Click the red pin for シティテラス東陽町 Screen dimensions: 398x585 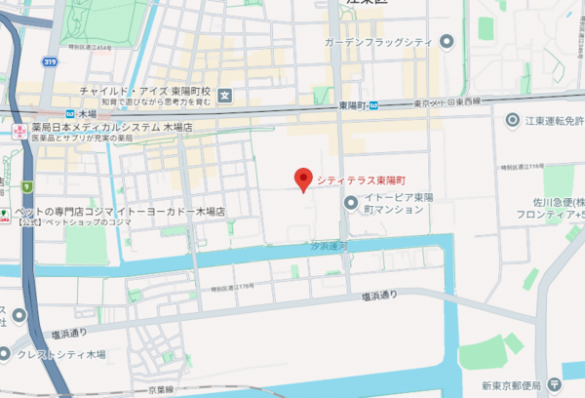pyautogui.click(x=303, y=179)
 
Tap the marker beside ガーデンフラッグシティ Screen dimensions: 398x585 pyautogui.click(x=448, y=41)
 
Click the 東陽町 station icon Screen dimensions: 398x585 pyautogui.click(x=372, y=104)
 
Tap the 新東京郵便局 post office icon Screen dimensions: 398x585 pyautogui.click(x=554, y=383)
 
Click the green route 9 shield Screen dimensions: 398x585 pyautogui.click(x=26, y=186)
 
